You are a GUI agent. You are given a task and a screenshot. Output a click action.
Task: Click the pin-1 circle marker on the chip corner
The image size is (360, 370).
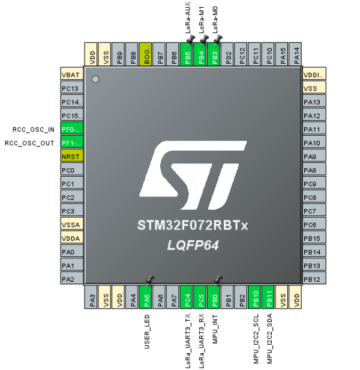[x=95, y=79]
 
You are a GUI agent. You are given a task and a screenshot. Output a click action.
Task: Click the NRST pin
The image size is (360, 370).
[x=71, y=156]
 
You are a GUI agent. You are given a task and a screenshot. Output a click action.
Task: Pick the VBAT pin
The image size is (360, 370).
[x=71, y=74]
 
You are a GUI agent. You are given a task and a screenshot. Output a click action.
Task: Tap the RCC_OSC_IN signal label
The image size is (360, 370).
[x=34, y=129]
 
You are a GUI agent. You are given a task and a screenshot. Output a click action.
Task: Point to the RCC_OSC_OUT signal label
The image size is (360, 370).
[x=31, y=143]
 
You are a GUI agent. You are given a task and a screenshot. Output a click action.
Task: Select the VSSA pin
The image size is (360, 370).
[x=71, y=225]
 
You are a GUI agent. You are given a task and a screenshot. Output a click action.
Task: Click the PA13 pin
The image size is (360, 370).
[x=314, y=102]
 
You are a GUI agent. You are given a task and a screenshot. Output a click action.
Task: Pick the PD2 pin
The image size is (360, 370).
[x=229, y=55]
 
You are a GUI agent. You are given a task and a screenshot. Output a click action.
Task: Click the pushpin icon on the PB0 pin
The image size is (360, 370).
[x=218, y=280]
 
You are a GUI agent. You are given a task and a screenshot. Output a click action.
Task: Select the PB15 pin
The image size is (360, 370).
[x=314, y=238]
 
